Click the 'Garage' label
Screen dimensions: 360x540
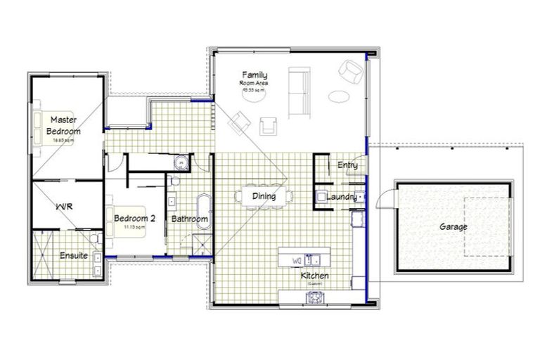pos(454,227)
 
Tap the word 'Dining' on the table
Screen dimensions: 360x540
pos(264,196)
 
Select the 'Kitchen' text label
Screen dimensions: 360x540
pos(314,276)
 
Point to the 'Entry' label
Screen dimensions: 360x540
pos(347,165)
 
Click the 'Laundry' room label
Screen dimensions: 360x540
pos(342,197)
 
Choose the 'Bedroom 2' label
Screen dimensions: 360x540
pos(134,218)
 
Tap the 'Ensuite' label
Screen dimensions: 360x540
pos(74,255)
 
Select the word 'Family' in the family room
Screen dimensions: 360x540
pos(255,75)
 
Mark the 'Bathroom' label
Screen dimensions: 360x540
pos(190,219)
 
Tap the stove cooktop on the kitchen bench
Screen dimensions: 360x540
pos(314,297)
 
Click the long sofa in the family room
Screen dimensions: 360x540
pos(300,91)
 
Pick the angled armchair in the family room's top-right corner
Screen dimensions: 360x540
pos(350,72)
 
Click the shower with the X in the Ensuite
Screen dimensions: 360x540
pos(43,255)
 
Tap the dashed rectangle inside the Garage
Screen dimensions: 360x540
pos(486,226)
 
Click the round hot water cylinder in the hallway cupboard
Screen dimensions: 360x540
pos(181,162)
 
